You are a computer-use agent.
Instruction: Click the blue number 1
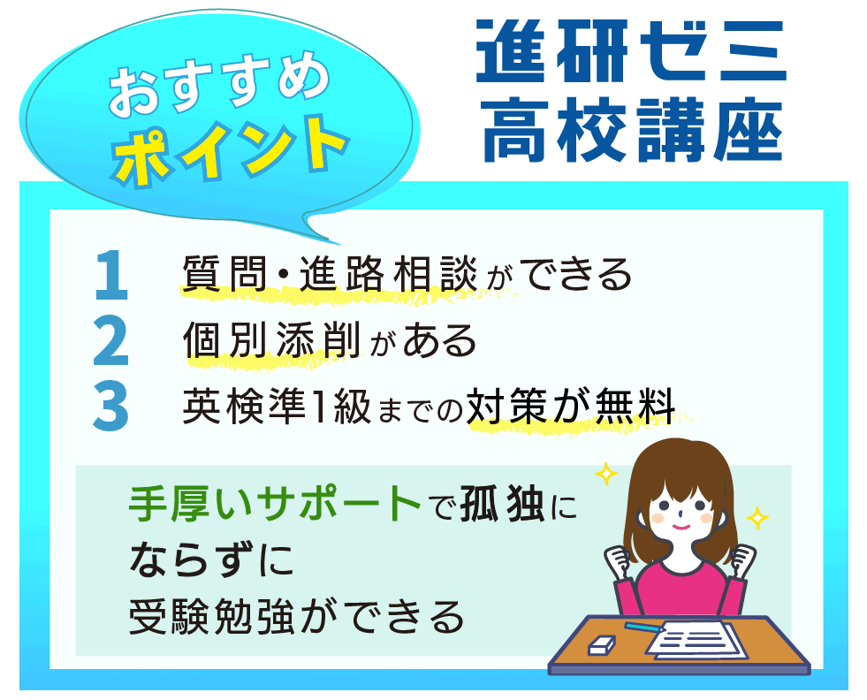tap(111, 276)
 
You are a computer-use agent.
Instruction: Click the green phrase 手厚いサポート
tap(274, 505)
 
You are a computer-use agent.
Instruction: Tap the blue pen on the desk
tap(645, 626)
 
